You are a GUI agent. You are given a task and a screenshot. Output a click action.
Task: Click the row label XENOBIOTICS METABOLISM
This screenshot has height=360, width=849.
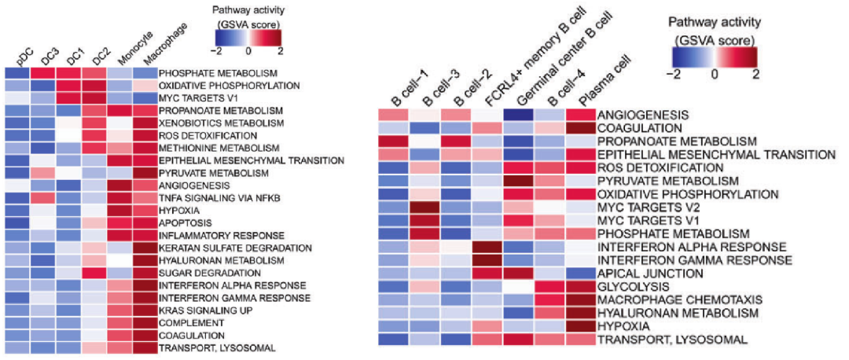[x=211, y=124]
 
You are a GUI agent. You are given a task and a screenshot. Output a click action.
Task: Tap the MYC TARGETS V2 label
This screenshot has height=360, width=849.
[x=645, y=207]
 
